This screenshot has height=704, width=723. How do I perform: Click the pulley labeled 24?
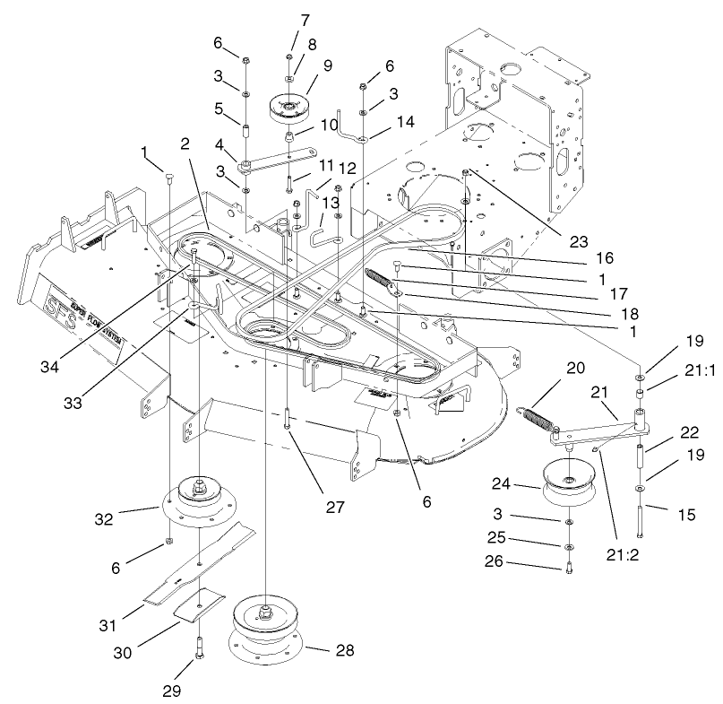click(x=570, y=485)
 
